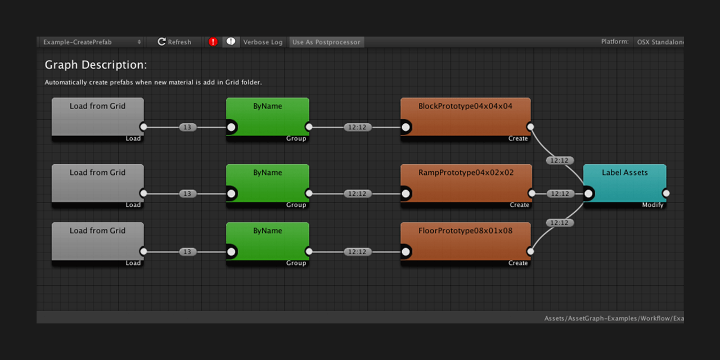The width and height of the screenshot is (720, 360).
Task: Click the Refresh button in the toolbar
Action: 174,42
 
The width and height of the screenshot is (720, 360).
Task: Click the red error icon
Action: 213,42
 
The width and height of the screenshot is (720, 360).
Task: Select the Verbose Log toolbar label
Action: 263,42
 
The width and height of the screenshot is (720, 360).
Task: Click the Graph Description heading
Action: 96,65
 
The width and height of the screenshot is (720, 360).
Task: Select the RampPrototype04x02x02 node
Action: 465,183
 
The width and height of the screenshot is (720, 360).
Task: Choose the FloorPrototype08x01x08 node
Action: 465,241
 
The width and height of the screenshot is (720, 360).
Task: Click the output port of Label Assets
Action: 666,193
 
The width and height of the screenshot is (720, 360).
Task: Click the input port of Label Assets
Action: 588,193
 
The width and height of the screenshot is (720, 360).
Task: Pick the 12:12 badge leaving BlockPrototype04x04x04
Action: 559,161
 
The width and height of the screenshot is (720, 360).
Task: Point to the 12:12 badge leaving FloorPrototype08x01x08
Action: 559,223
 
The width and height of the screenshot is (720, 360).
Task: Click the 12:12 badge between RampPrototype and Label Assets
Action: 559,193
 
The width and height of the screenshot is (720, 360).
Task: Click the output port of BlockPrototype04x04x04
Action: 530,127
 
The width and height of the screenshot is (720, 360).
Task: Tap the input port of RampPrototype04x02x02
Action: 406,193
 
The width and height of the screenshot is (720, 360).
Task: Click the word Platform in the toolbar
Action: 614,42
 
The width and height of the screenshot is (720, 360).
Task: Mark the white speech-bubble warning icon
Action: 231,42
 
